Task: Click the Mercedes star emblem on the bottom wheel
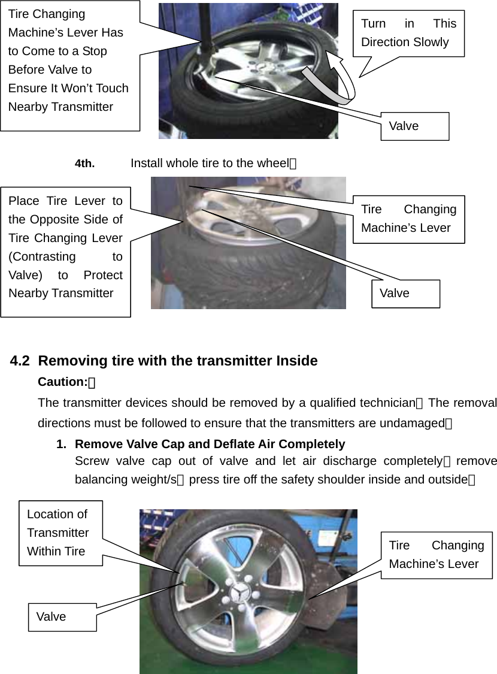pyautogui.click(x=240, y=593)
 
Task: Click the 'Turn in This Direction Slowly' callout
pyautogui.click(x=408, y=33)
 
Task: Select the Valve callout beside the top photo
pyautogui.click(x=414, y=126)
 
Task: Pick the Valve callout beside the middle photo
pyautogui.click(x=405, y=293)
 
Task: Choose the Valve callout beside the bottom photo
pyautogui.click(x=62, y=616)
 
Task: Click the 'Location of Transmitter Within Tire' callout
pyautogui.click(x=60, y=533)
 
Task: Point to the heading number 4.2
pyautogui.click(x=20, y=361)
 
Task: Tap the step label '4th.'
pyautogui.click(x=84, y=164)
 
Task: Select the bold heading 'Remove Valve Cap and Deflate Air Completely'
pyautogui.click(x=210, y=444)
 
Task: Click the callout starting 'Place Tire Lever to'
pyautogui.click(x=65, y=247)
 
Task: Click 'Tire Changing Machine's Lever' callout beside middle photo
pyautogui.click(x=408, y=219)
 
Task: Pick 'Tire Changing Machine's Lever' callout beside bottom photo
pyautogui.click(x=437, y=555)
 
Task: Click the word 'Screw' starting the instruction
pyautogui.click(x=92, y=461)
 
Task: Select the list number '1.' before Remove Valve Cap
pyautogui.click(x=61, y=444)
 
